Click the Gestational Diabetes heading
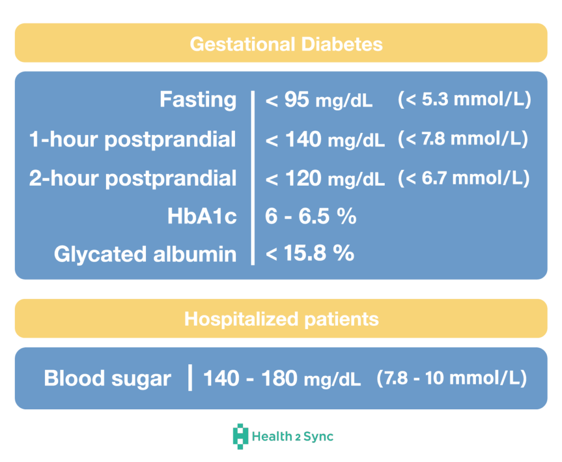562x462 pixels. [x=286, y=44]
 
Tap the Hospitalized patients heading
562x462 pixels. [x=282, y=319]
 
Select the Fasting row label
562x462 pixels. [x=198, y=99]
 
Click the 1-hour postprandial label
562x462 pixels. [x=133, y=140]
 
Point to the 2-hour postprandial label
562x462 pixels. [x=133, y=179]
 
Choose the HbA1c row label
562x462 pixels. [x=202, y=216]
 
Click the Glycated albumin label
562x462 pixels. [x=145, y=254]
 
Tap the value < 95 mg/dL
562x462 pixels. [x=319, y=100]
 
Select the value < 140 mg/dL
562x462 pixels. [x=325, y=140]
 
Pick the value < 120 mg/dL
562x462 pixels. [x=325, y=179]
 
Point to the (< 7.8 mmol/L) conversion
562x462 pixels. [x=463, y=139]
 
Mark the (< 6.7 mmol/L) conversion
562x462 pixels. [x=464, y=178]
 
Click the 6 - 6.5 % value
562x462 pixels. [x=311, y=216]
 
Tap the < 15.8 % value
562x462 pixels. [x=310, y=253]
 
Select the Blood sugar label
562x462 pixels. [x=108, y=379]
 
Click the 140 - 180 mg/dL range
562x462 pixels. [x=282, y=378]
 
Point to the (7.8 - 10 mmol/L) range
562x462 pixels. [x=452, y=378]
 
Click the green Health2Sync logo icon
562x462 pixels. [x=240, y=437]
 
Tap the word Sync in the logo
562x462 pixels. [x=319, y=437]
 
